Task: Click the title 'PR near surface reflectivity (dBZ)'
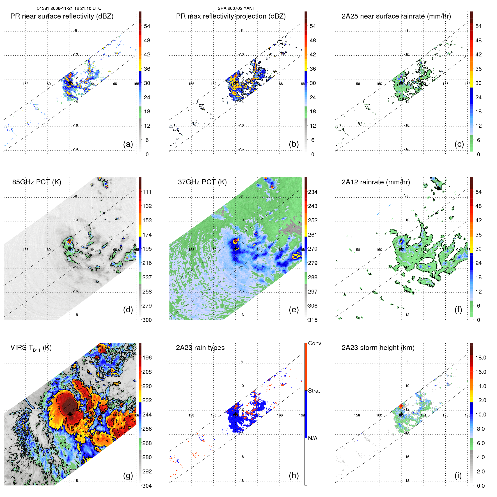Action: [62, 16]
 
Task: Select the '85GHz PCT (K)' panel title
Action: [36, 182]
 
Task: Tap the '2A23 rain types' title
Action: [200, 348]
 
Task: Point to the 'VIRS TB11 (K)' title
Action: [31, 348]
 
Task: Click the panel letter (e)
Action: [294, 310]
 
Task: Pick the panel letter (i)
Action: [458, 475]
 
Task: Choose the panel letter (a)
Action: [128, 144]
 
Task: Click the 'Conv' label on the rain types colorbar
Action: [314, 343]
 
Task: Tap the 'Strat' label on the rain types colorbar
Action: [314, 391]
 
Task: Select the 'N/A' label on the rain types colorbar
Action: [313, 438]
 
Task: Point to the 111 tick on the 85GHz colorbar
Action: [147, 192]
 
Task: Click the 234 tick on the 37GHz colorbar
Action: [313, 192]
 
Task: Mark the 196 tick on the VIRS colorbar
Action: [147, 358]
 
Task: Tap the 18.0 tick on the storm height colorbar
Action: [480, 358]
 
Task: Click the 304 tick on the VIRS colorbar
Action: [147, 486]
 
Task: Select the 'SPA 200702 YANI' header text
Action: [235, 8]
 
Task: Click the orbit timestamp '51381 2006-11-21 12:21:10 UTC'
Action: [69, 8]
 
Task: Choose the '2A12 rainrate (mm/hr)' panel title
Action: [375, 182]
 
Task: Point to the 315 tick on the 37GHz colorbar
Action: [313, 320]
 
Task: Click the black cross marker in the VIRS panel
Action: [70, 414]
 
